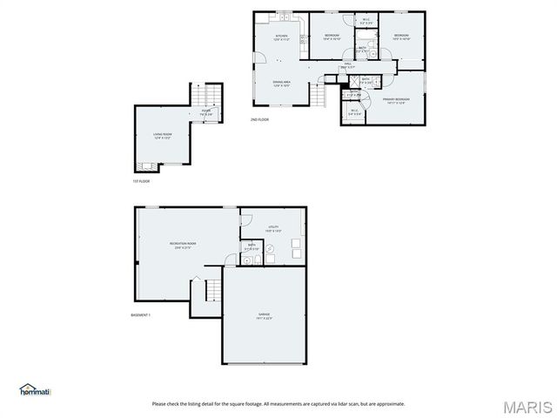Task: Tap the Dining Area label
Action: [282, 83]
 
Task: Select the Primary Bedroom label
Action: [396, 100]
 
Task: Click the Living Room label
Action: [164, 135]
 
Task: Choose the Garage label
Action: [264, 315]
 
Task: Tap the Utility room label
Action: [274, 229]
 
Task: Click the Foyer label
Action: [206, 111]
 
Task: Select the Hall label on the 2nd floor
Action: [347, 65]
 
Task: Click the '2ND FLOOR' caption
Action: [259, 119]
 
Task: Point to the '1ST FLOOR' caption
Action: [141, 181]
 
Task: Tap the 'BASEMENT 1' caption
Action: [141, 314]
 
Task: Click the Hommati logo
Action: [36, 389]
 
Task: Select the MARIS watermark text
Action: [528, 406]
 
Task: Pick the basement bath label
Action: [252, 247]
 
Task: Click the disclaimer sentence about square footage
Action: [278, 403]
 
